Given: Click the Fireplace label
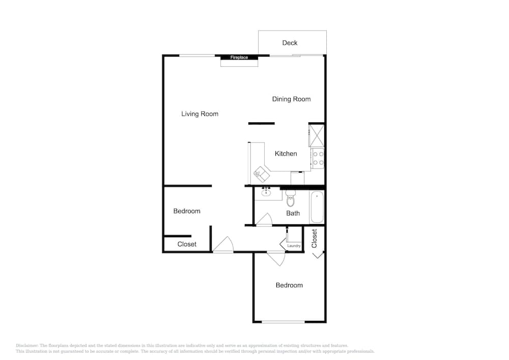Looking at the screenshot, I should coord(239,58).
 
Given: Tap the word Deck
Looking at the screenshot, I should coord(290,43).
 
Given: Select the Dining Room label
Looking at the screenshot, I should coord(291,99).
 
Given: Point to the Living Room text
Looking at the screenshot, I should coord(200,114).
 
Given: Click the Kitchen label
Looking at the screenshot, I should coord(286,153).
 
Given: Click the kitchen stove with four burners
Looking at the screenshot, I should coord(318,158).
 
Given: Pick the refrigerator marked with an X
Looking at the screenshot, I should coord(316,135).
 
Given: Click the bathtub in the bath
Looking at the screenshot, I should coord(317,207).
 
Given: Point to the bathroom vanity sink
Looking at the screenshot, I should coord(266,192).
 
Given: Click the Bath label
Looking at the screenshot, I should coord(293,213).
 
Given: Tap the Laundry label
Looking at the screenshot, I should coord(294,246).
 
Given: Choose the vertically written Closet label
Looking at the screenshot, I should coord(315,238).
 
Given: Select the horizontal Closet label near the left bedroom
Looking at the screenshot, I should coord(187,244).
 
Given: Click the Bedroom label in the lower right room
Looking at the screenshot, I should coord(289,285).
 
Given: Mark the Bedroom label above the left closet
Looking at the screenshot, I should coord(187,211).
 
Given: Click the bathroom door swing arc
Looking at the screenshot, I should coord(264,220).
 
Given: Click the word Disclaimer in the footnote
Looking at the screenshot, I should coord(27,345).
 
